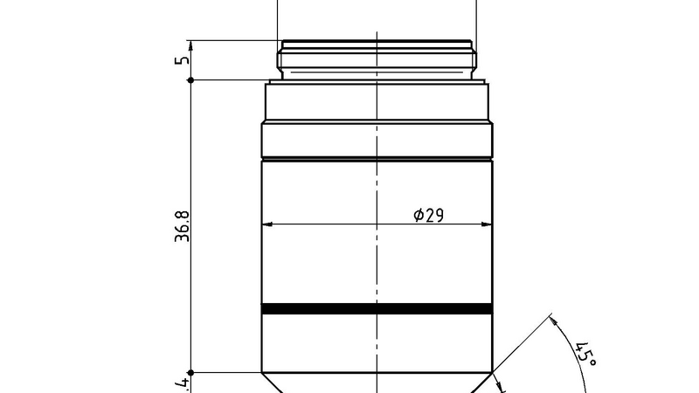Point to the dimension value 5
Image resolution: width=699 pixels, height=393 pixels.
[182, 60]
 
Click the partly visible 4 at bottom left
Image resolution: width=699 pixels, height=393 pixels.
[182, 384]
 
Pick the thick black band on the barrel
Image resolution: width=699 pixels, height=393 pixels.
[376, 308]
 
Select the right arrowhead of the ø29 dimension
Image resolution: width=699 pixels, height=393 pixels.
[487, 224]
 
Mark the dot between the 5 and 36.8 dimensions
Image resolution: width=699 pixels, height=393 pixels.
[191, 80]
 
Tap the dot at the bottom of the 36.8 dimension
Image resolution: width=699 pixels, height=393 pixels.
[191, 373]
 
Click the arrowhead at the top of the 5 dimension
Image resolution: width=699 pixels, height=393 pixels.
[191, 43]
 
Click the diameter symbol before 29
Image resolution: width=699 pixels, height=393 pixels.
[418, 215]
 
